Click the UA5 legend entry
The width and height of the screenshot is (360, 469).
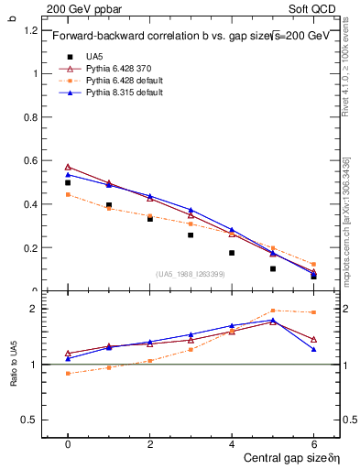pyautogui.click(x=93, y=57)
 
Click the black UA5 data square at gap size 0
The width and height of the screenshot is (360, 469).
pyautogui.click(x=68, y=182)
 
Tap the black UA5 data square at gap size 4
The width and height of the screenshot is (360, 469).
pyautogui.click(x=232, y=253)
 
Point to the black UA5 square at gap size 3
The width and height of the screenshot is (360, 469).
pyautogui.click(x=191, y=235)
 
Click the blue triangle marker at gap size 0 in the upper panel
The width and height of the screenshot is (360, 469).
pyautogui.click(x=68, y=174)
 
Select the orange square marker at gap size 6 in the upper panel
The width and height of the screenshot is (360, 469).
pyautogui.click(x=313, y=264)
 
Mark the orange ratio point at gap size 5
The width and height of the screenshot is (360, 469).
pyautogui.click(x=273, y=311)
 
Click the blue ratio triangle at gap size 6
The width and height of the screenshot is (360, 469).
pyautogui.click(x=313, y=349)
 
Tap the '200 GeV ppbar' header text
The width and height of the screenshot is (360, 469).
pyautogui.click(x=78, y=8)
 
